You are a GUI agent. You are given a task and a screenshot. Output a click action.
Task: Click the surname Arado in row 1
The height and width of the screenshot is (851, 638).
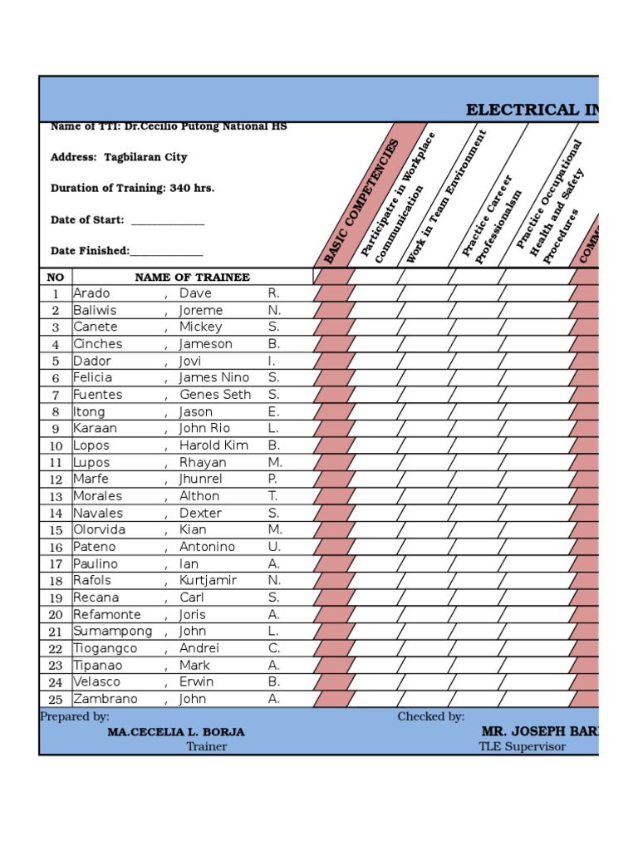point(91,293)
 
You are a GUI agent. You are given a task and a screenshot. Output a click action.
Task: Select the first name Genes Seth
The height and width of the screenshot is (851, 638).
point(215,395)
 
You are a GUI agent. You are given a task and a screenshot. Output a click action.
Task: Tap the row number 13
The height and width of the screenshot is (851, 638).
point(56,497)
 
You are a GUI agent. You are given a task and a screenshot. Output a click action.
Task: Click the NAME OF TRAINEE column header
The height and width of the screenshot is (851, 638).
point(192,278)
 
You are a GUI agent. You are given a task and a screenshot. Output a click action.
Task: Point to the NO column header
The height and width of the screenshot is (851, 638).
point(56,278)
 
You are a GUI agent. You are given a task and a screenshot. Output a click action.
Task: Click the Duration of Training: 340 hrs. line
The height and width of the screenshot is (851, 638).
point(132,189)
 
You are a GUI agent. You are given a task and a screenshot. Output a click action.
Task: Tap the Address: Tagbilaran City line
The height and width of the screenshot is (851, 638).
point(119,157)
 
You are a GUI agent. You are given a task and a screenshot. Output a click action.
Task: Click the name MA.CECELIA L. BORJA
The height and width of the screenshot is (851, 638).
point(176,732)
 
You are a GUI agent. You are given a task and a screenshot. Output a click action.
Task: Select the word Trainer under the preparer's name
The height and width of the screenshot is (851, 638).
point(206,746)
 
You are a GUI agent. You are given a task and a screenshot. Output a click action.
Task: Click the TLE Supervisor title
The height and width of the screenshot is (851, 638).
point(522,746)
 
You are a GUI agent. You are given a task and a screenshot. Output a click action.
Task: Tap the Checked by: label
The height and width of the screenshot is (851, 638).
point(430,716)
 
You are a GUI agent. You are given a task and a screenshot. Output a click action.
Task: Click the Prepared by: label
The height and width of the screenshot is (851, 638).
point(75,716)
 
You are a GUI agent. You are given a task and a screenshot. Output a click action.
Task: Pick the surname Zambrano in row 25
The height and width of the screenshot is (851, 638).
point(106,699)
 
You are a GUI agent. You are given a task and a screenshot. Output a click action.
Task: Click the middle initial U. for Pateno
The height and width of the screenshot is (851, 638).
point(274,547)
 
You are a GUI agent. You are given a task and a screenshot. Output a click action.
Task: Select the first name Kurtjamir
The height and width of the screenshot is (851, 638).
point(209,581)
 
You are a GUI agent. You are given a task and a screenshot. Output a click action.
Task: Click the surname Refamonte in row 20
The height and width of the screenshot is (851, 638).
point(107,615)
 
